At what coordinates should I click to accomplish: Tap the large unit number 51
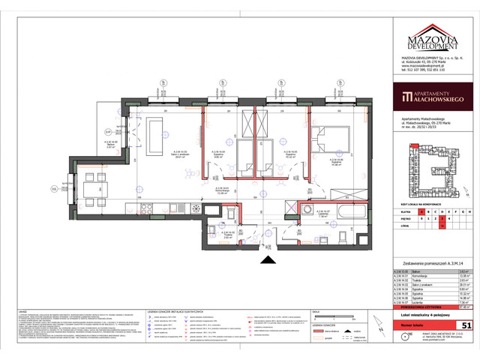pyautogui.click(x=464, y=324)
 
